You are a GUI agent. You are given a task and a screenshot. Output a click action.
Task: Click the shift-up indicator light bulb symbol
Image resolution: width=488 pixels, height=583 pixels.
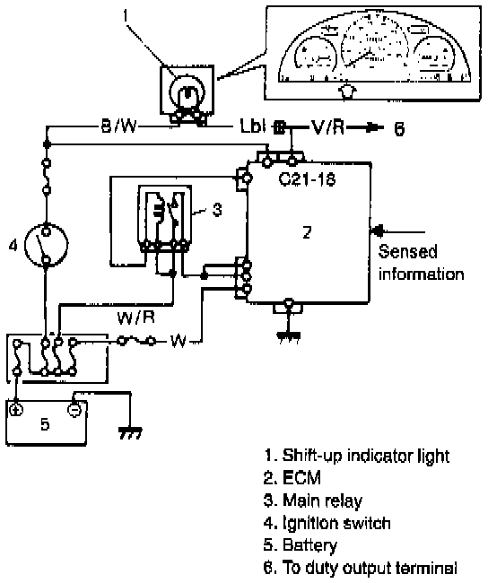tap(187, 92)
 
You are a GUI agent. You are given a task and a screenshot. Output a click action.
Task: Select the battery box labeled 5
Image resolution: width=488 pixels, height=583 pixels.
tap(46, 422)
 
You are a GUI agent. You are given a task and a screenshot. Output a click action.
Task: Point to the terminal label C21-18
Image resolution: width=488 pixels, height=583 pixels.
tap(307, 179)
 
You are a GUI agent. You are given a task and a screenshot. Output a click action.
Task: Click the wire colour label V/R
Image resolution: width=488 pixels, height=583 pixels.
tap(328, 127)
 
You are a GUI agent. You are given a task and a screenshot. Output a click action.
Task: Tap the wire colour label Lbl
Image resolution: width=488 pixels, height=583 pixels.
tap(253, 126)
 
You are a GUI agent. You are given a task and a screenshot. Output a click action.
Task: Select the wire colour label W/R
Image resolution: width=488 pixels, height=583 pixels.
tap(135, 318)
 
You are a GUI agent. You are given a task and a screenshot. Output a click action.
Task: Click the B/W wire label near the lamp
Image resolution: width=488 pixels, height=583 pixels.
tap(119, 126)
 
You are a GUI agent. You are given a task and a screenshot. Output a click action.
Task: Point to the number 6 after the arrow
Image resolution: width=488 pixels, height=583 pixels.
tap(398, 129)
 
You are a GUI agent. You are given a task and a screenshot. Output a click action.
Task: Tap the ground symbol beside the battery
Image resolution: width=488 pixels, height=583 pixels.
tap(130, 433)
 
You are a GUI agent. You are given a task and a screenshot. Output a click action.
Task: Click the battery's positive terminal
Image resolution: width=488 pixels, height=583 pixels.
tap(16, 410)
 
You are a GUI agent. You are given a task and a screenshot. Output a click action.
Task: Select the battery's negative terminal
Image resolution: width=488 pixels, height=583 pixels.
tap(74, 410)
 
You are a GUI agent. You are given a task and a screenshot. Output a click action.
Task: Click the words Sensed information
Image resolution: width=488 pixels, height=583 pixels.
tap(421, 263)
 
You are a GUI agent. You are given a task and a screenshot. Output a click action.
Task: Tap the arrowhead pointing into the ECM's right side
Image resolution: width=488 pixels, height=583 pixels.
tap(378, 231)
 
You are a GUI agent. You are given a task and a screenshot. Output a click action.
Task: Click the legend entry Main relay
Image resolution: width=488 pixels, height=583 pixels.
tap(312, 500)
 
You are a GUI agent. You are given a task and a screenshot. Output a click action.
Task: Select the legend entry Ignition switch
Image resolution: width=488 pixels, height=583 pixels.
tap(327, 523)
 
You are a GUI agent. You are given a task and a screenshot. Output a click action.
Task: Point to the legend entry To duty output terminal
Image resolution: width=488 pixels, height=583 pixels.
tap(360, 568)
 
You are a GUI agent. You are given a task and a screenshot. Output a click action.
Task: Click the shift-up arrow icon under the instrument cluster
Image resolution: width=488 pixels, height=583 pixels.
tap(347, 91)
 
